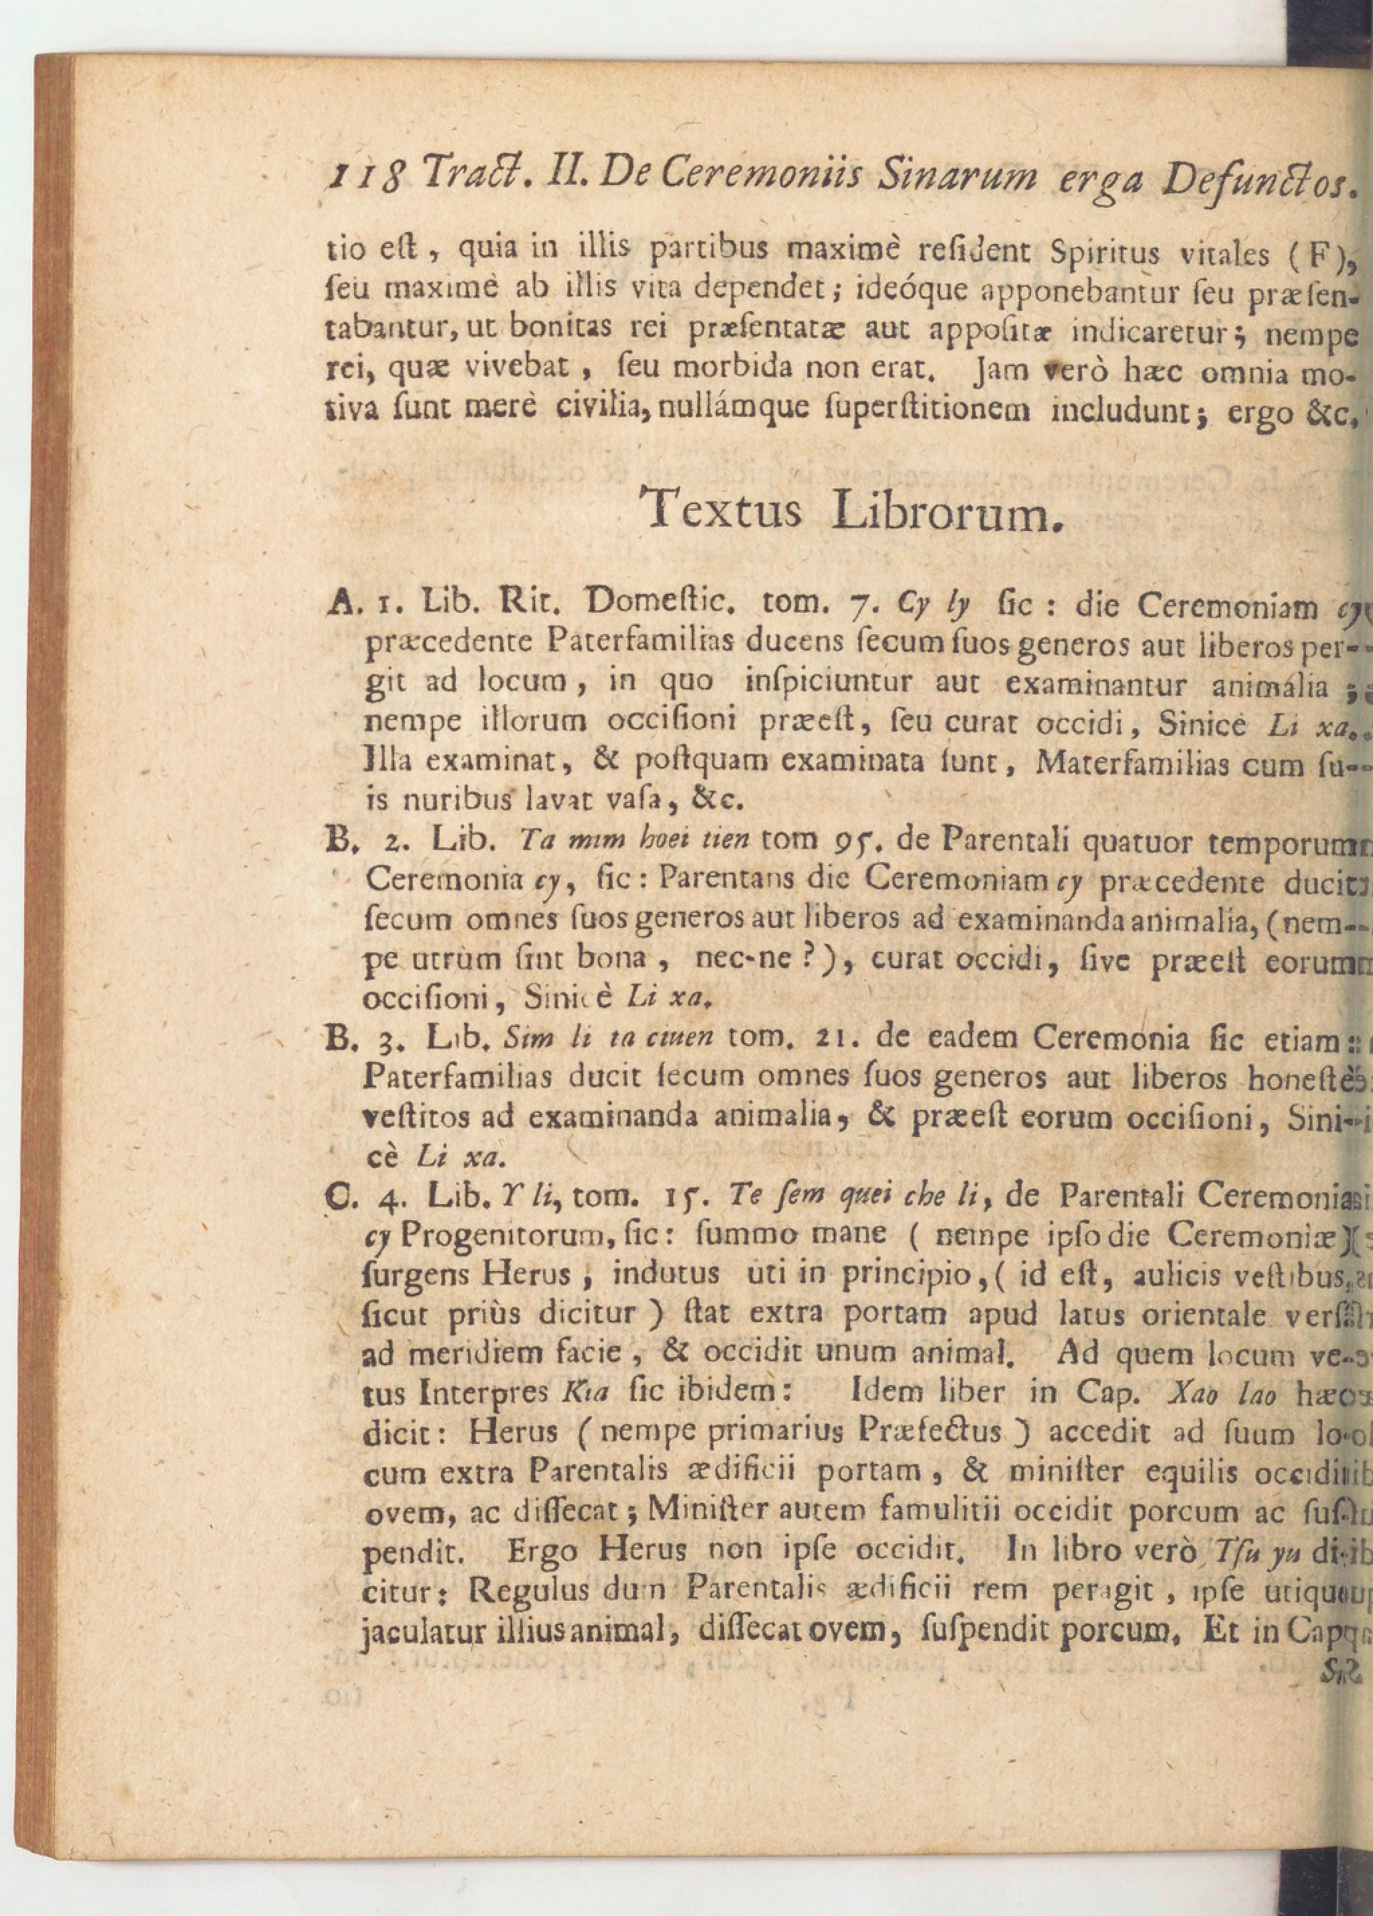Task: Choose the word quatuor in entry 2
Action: [x=1132, y=841]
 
